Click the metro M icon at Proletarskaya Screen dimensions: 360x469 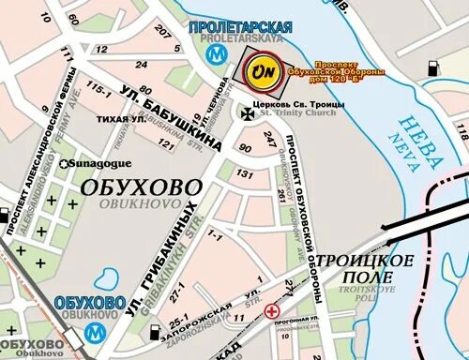[218, 55]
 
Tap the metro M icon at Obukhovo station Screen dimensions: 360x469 [93, 331]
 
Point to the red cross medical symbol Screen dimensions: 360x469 [273, 311]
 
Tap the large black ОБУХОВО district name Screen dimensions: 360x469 [140, 187]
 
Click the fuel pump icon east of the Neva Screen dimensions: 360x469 [433, 68]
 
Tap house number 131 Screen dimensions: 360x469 [246, 174]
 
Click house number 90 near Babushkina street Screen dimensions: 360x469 [245, 147]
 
